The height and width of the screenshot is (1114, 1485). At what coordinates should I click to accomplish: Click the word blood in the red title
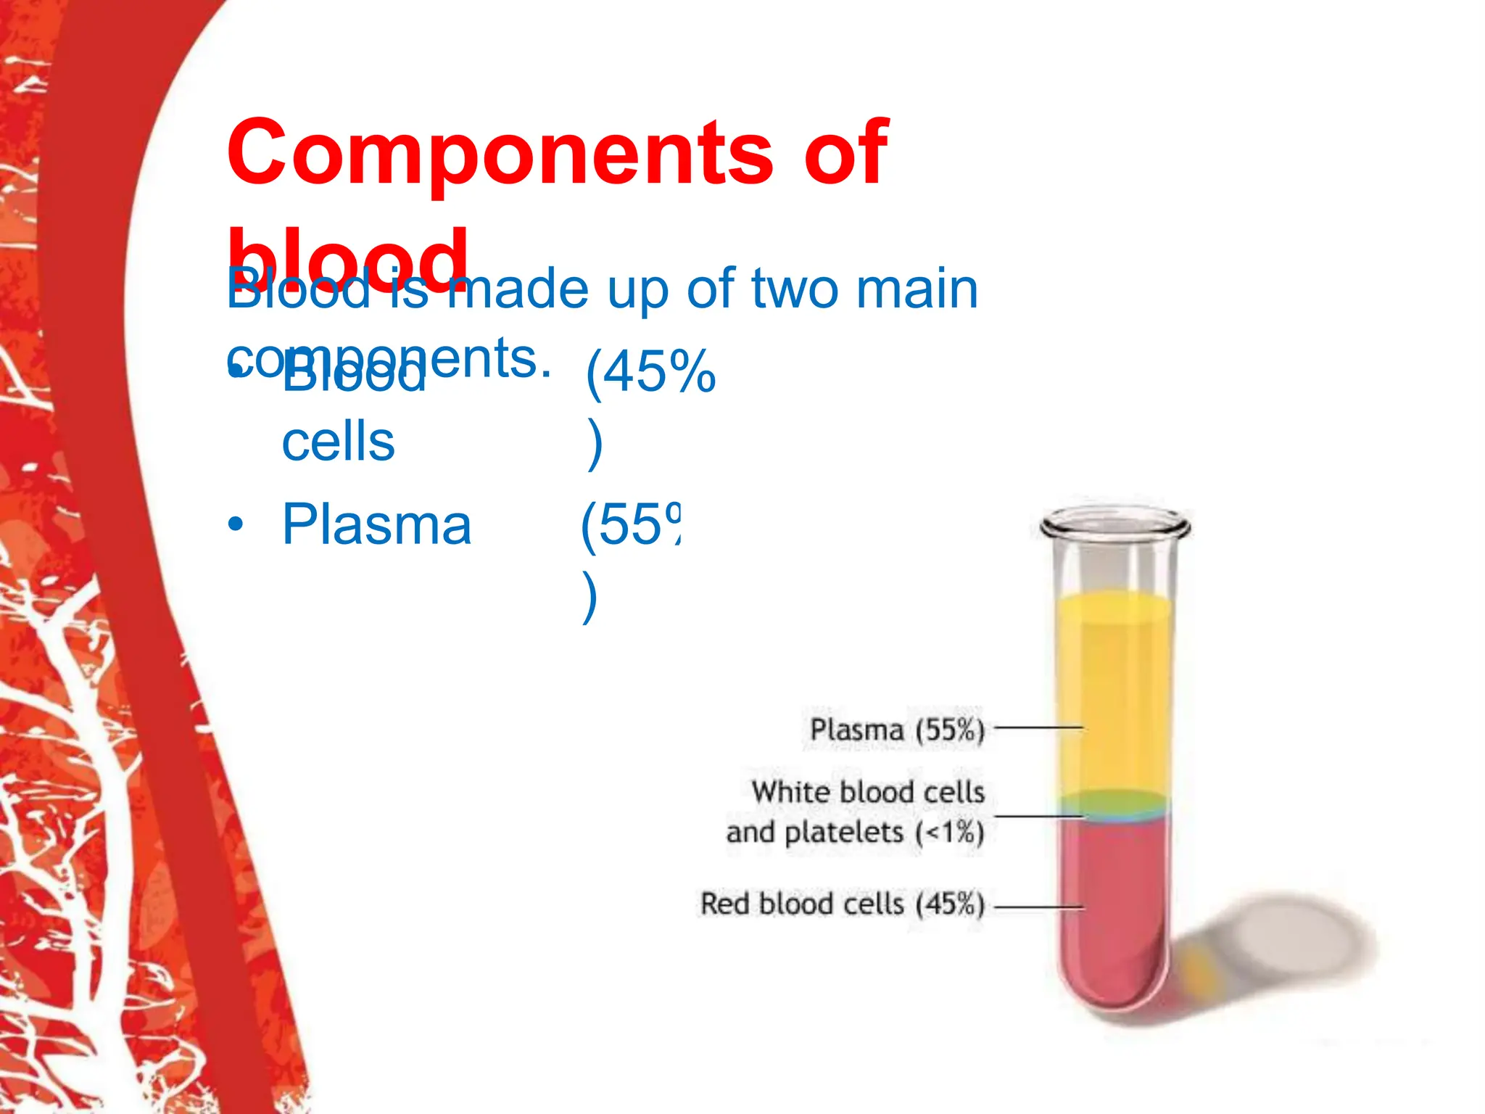(x=348, y=257)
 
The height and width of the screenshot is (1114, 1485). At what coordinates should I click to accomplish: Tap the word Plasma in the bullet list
(x=376, y=524)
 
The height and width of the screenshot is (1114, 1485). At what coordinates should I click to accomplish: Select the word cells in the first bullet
(x=338, y=442)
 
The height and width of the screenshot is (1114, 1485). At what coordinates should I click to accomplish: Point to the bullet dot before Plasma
(x=234, y=524)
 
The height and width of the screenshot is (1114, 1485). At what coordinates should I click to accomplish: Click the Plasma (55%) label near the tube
(x=897, y=730)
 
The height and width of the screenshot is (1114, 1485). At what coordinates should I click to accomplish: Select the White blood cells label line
(x=868, y=792)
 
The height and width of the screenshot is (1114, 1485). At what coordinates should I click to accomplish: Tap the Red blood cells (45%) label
(x=842, y=904)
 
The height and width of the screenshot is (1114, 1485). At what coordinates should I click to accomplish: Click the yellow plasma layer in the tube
(x=1113, y=689)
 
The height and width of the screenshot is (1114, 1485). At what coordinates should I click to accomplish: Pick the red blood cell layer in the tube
(x=1113, y=907)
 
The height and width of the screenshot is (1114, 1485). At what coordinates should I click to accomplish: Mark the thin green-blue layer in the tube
(x=1113, y=805)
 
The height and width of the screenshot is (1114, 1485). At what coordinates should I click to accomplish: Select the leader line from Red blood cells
(x=1038, y=907)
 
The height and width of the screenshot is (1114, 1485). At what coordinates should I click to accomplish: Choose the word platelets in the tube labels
(x=845, y=833)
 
